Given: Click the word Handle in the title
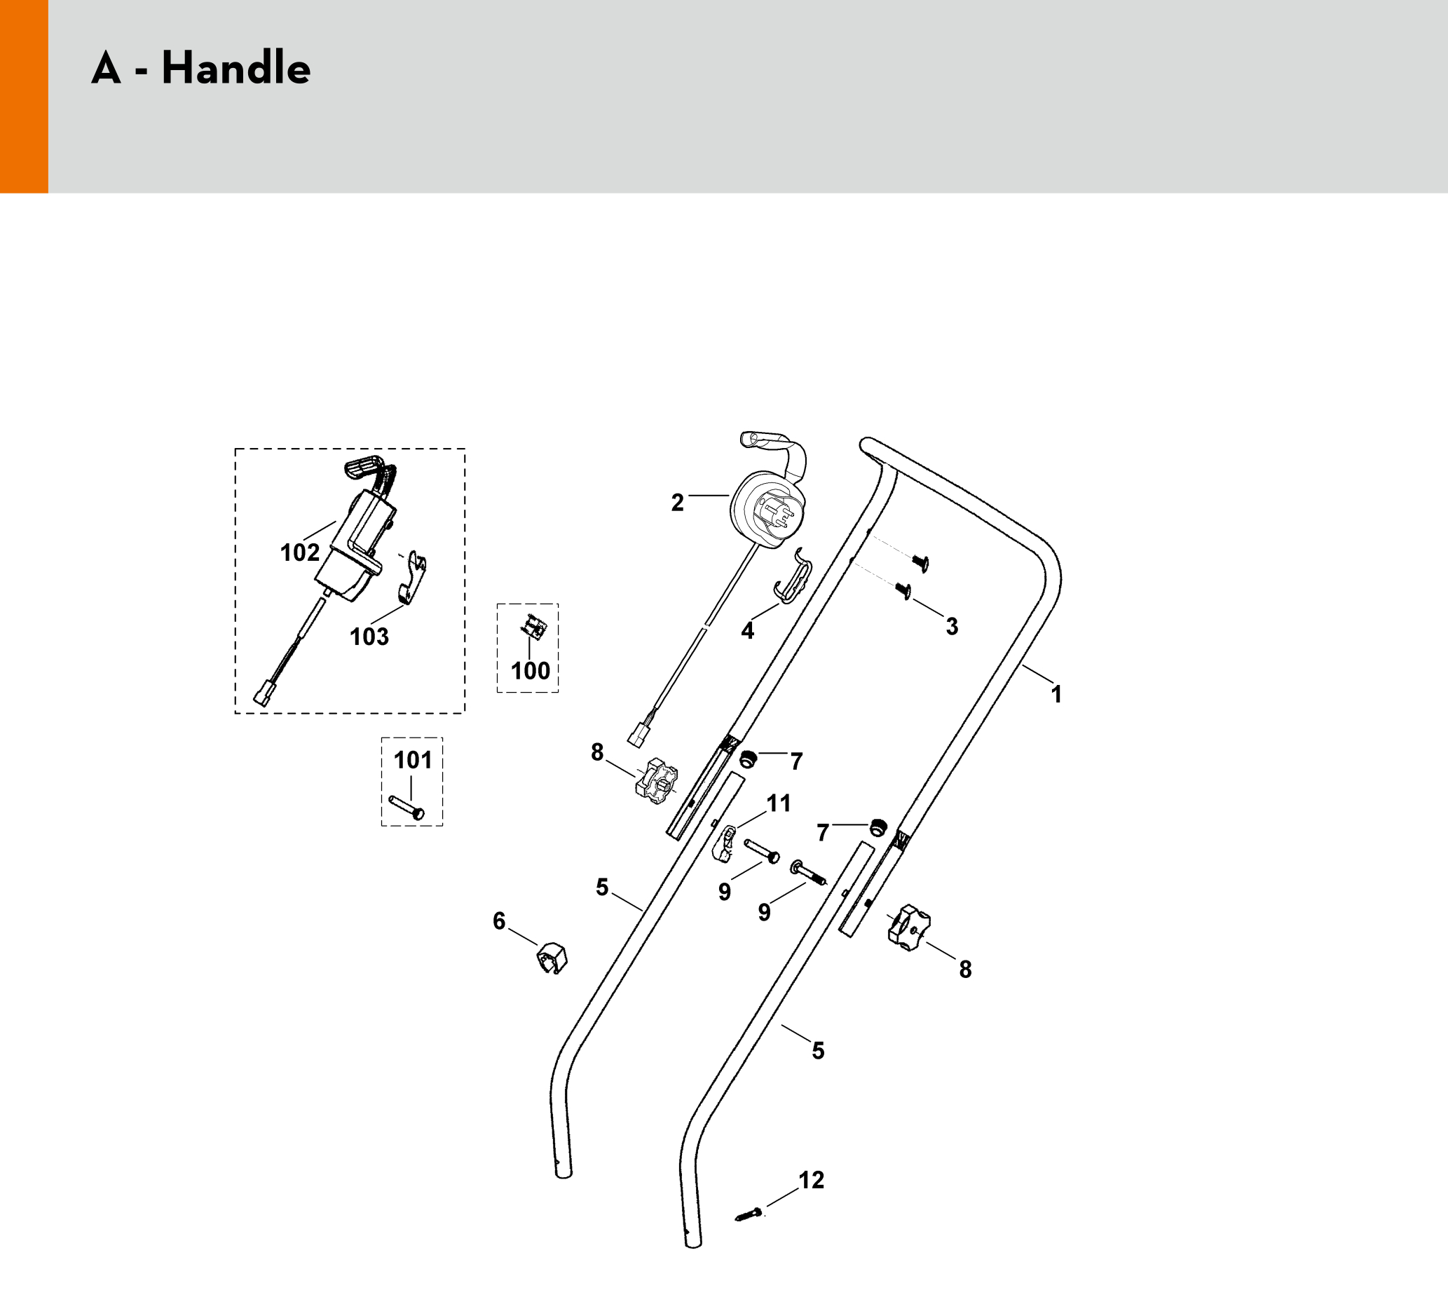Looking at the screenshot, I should click(236, 69).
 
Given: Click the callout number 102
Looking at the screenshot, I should click(300, 552).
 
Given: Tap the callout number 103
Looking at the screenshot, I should click(369, 637).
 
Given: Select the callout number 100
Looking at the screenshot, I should click(530, 670).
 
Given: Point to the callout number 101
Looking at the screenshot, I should click(412, 760).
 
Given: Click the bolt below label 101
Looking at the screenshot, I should click(407, 808).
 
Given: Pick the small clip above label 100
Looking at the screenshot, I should click(533, 626).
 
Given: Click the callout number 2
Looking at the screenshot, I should click(677, 503).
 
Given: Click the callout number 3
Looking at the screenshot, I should click(952, 626).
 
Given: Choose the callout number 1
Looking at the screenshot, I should click(1056, 694).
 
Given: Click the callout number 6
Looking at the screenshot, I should click(499, 921).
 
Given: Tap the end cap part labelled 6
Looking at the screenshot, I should click(552, 958).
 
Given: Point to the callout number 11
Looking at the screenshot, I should click(779, 803).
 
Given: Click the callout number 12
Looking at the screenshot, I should click(811, 1180).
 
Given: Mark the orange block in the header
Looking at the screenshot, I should click(24, 96).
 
